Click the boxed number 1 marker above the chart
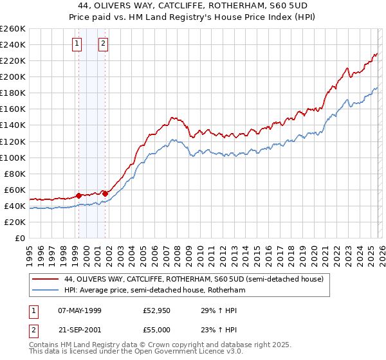pos(77,44)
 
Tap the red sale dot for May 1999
pos(78,195)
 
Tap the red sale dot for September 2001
pos(105,194)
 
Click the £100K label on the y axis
pos(12,157)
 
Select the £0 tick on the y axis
pos(21,239)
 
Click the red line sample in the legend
pos(45,280)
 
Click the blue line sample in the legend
pos(45,291)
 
